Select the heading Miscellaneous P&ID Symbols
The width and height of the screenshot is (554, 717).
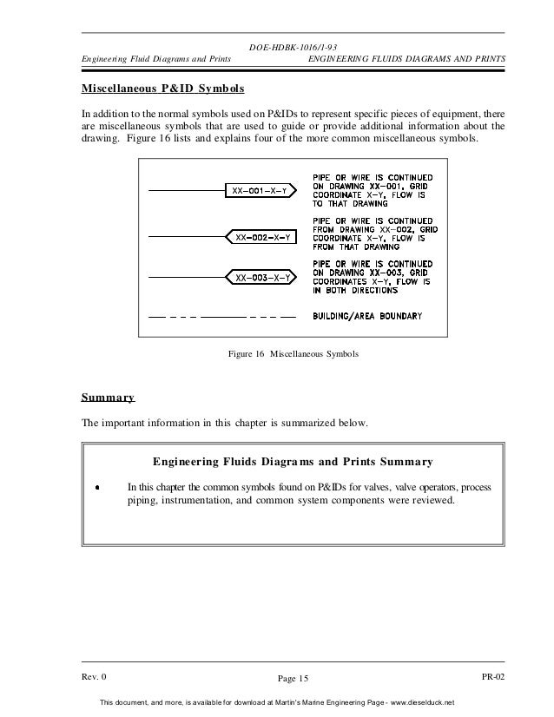(162, 89)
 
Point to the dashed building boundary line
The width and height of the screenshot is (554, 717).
(223, 316)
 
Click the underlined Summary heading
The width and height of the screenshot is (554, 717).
(108, 398)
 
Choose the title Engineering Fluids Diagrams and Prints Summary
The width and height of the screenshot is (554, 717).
(292, 461)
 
